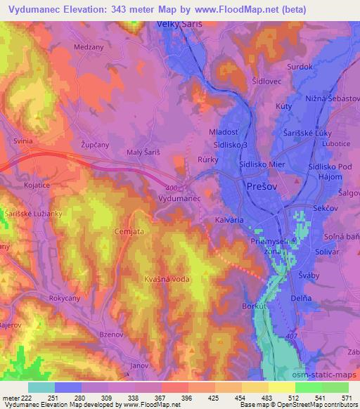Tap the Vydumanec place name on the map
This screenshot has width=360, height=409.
click(181, 199)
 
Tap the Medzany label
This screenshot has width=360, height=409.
click(88, 48)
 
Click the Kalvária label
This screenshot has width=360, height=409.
click(229, 220)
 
